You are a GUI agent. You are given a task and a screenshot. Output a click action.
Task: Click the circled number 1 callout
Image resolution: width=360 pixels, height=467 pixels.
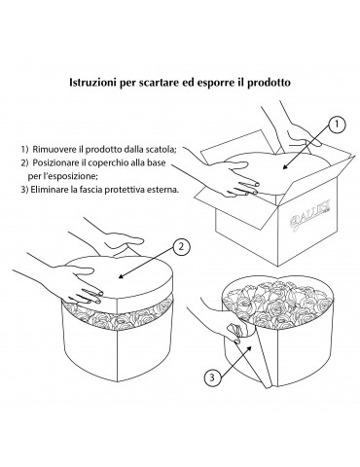[337, 125]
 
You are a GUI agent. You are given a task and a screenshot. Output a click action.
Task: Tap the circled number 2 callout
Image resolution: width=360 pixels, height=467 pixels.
[181, 247]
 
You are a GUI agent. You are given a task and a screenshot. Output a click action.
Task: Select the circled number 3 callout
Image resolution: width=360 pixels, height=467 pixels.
[213, 377]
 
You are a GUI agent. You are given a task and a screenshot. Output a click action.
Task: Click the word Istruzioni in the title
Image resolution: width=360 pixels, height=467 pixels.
[92, 83]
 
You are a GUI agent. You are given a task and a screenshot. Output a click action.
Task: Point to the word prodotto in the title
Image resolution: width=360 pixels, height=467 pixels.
[269, 83]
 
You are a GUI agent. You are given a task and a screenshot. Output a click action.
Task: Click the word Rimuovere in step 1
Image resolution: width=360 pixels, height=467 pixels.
[54, 150]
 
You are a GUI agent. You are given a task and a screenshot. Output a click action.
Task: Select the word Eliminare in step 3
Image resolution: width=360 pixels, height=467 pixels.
[50, 190]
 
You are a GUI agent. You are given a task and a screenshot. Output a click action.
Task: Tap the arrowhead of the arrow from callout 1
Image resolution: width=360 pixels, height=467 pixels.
[285, 166]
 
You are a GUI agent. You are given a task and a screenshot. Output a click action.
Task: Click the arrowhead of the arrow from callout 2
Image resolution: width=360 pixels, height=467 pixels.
[122, 276]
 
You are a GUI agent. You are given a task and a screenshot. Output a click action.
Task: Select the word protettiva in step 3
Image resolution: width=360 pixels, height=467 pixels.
[126, 190]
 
